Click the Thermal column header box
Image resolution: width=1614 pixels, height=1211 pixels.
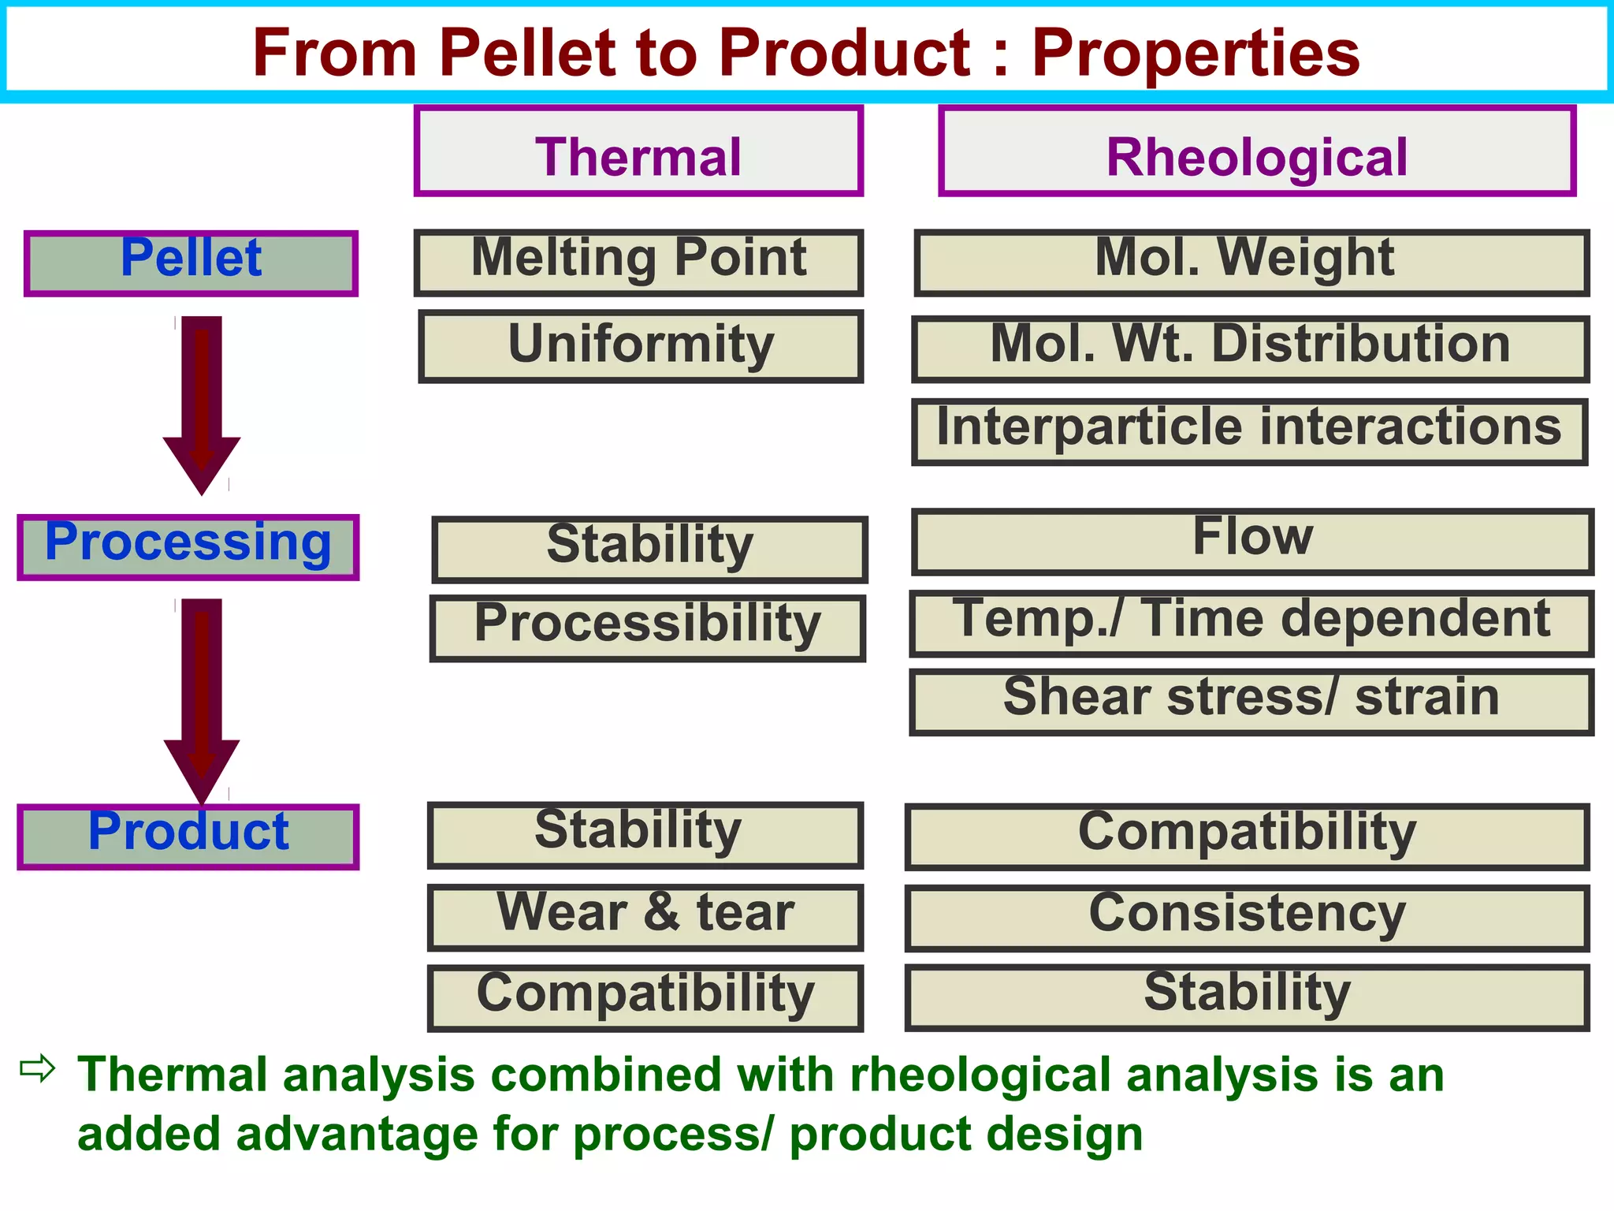tap(638, 151)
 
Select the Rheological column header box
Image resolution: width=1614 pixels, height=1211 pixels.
tap(1257, 151)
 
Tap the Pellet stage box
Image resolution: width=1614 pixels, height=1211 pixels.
tap(191, 263)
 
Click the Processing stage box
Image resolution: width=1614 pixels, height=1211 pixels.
tap(188, 547)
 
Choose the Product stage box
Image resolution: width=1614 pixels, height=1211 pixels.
tap(188, 837)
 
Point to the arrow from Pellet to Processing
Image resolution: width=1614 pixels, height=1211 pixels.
tap(202, 402)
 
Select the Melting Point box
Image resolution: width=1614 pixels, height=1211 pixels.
tap(638, 263)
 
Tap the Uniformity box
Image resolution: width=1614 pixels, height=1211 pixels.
tap(641, 347)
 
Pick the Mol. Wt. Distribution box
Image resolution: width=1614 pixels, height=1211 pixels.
tap(1251, 348)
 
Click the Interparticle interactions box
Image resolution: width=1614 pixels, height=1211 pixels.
tap(1250, 431)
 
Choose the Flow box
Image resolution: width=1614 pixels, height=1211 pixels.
tap(1253, 542)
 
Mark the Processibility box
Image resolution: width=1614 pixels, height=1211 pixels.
tap(647, 628)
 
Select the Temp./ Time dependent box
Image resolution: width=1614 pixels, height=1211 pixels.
tap(1251, 623)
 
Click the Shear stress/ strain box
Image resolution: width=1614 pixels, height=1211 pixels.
tap(1251, 702)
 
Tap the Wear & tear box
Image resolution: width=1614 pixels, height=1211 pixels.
tap(645, 917)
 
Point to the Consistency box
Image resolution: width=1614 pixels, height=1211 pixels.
tap(1248, 918)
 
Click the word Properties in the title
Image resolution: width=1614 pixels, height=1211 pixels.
tap(1196, 54)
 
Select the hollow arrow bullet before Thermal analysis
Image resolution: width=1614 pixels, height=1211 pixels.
tap(37, 1069)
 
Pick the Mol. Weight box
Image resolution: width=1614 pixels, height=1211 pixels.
tap(1251, 263)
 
